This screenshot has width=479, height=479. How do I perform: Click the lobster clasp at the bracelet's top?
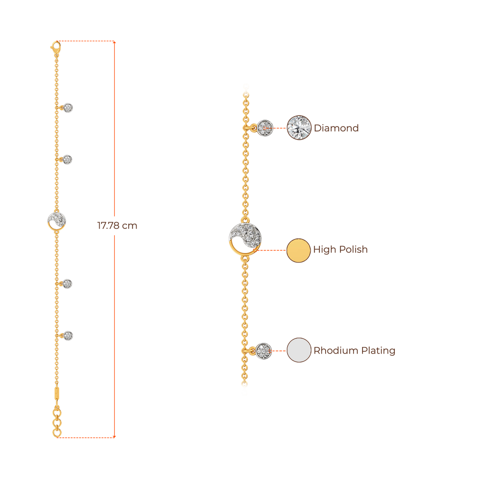56,47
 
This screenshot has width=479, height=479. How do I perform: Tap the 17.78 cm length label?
117,226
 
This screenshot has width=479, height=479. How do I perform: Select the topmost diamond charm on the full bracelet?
69,108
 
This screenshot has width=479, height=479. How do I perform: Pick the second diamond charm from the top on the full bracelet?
68,160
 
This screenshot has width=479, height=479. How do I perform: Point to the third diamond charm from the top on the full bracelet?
68,283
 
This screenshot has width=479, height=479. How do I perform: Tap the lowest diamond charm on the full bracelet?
69,335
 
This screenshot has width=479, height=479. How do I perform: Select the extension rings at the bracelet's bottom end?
57,422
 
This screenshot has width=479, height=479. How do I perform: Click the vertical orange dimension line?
115,140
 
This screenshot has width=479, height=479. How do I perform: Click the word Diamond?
336,128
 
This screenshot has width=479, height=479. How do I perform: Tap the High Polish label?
341,249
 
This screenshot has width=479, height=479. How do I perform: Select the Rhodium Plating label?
355,350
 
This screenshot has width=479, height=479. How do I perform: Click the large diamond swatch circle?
299,127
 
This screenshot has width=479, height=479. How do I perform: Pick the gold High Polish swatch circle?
298,250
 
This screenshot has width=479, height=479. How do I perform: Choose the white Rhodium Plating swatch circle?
299,350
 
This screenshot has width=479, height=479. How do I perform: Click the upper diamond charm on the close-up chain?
265,128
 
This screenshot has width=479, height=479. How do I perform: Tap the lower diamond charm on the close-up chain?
264,351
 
